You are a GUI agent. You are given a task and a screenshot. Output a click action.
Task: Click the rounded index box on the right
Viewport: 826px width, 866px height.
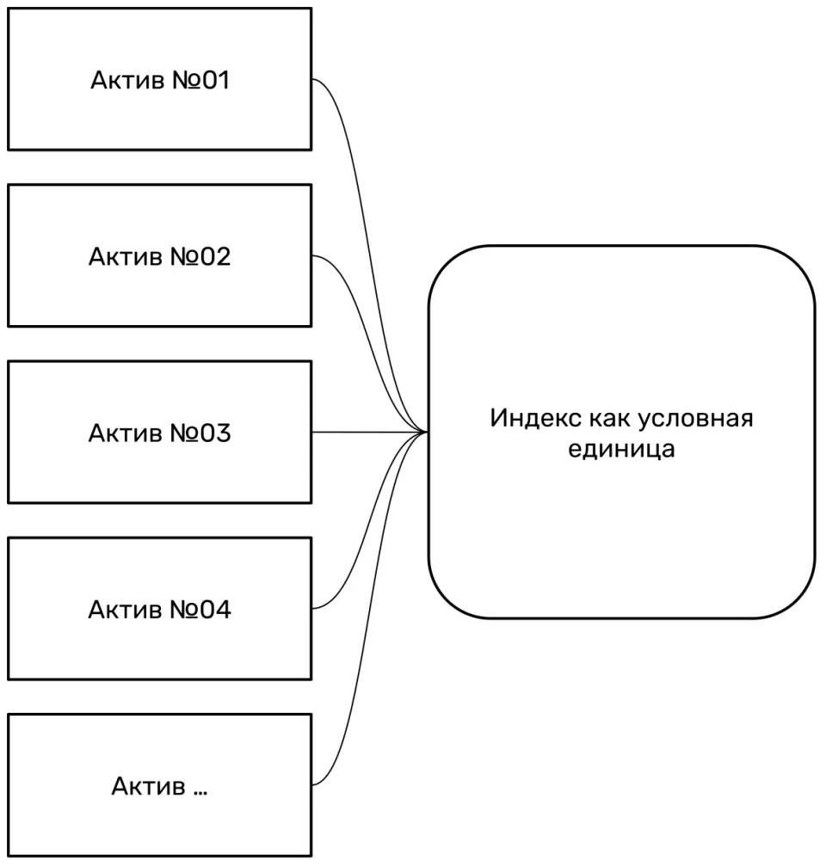(x=621, y=533)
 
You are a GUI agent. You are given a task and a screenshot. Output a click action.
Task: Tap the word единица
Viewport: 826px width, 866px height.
(x=621, y=449)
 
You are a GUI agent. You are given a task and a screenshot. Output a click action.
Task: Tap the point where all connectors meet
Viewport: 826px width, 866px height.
(x=425, y=432)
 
